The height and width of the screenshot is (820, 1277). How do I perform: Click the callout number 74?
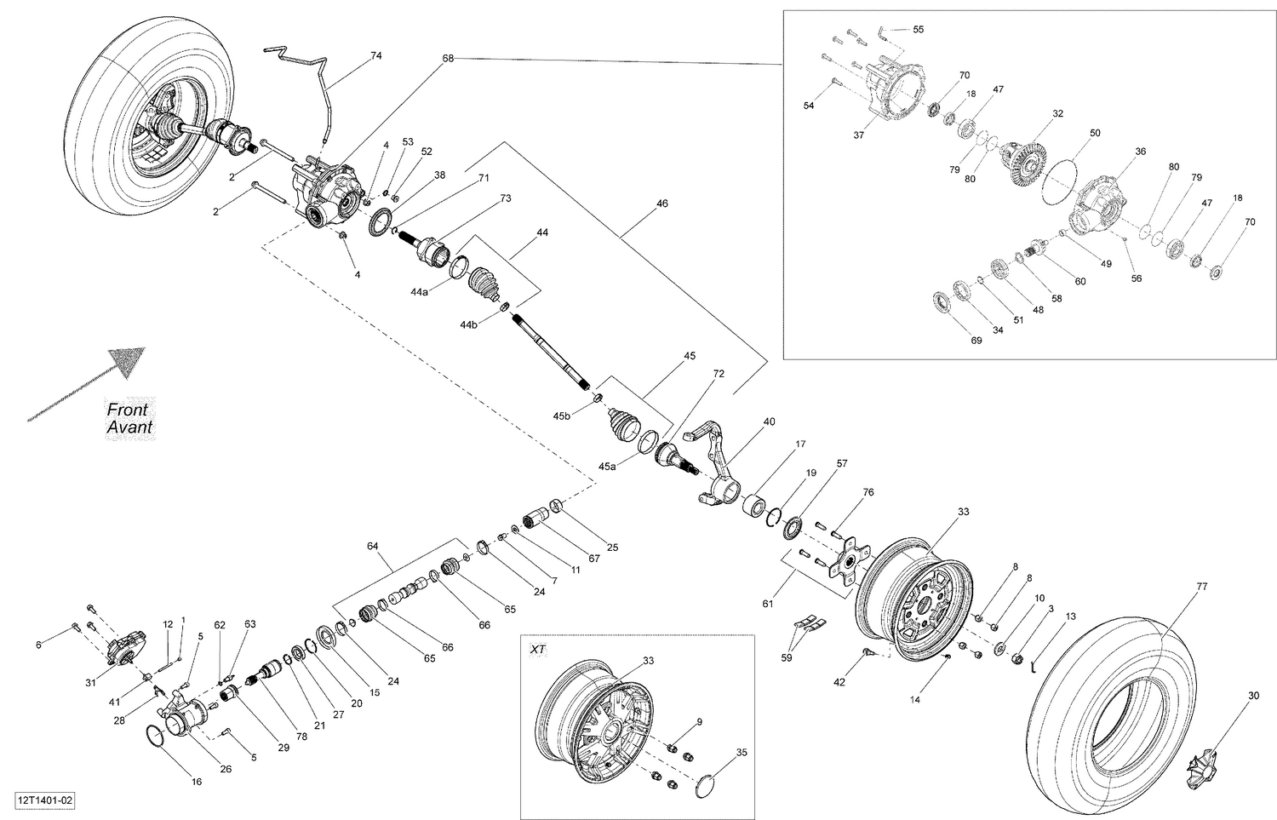(x=375, y=55)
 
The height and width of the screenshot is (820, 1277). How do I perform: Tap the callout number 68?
(x=448, y=58)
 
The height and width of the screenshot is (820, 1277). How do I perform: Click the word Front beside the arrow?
(x=128, y=410)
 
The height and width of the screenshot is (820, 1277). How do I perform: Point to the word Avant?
(x=129, y=427)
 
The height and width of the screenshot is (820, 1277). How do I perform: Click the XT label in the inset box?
(x=538, y=649)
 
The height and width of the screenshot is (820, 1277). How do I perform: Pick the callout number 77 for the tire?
(x=1201, y=587)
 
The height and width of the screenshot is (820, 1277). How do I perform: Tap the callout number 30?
(x=1253, y=696)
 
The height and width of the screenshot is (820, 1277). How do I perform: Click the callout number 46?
(x=661, y=204)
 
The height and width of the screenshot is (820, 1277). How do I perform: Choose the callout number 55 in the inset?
(x=918, y=29)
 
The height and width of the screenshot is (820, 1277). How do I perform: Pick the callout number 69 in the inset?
(x=976, y=341)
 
